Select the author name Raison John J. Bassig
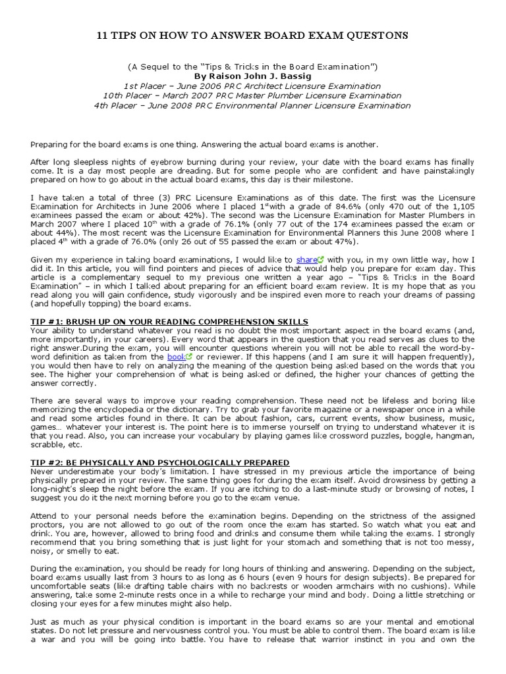[x=252, y=76]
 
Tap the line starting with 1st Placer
[x=252, y=86]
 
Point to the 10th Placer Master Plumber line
[x=252, y=96]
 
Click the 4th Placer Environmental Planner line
[x=252, y=105]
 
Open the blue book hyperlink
[x=176, y=356]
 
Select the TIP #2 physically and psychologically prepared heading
[x=160, y=463]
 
